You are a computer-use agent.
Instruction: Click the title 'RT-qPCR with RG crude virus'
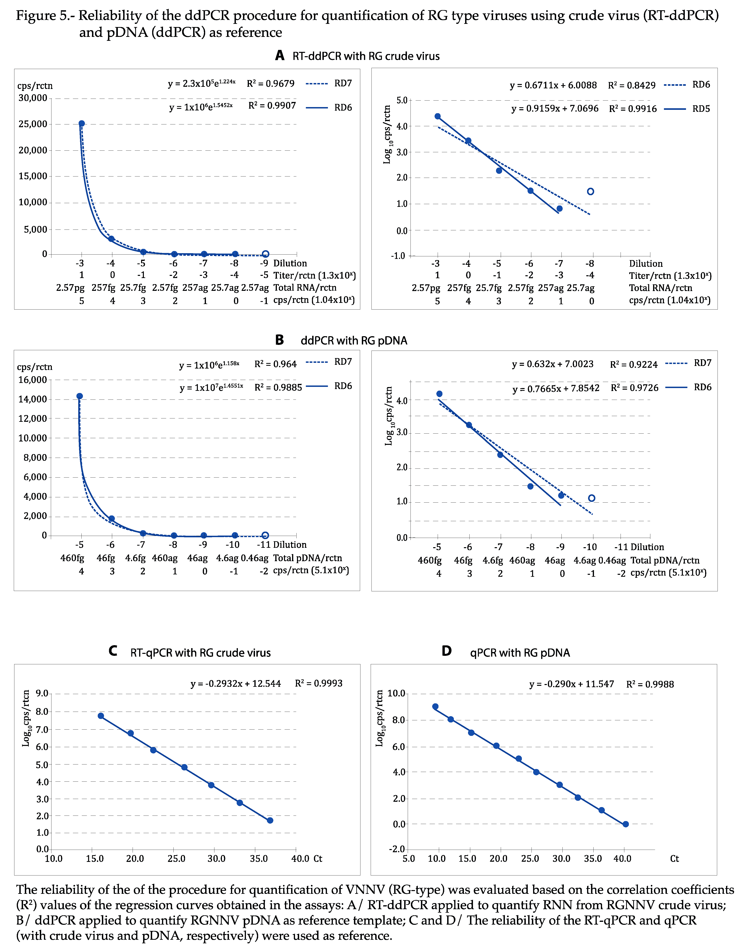[200, 653]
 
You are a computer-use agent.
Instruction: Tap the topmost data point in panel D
[435, 707]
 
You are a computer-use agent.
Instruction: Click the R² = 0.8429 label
[632, 85]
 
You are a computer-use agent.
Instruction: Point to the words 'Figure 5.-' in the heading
[45, 16]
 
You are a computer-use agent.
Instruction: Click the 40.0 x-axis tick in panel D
[623, 859]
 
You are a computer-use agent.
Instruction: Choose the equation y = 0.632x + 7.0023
[552, 364]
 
